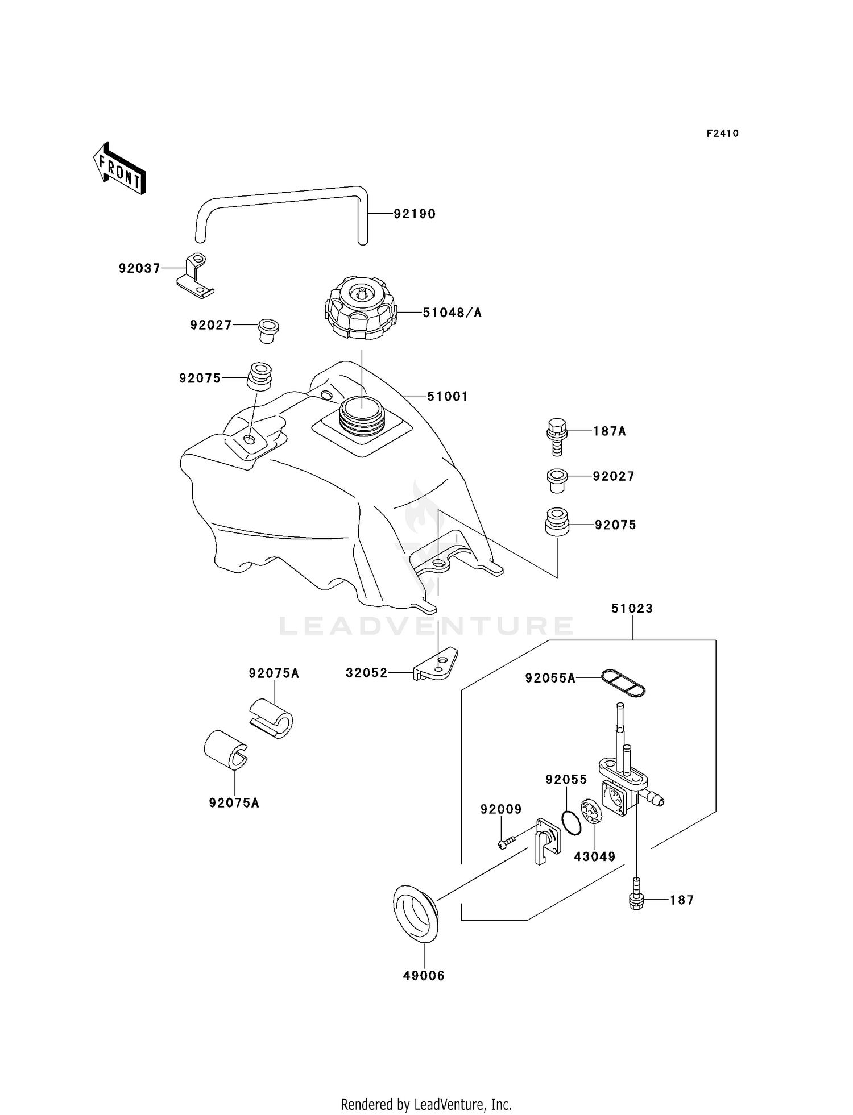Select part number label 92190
coord(415,214)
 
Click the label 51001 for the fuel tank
coord(448,397)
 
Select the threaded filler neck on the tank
coord(362,416)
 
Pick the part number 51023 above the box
coord(632,609)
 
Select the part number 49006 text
coord(424,976)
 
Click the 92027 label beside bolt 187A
coord(613,477)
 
